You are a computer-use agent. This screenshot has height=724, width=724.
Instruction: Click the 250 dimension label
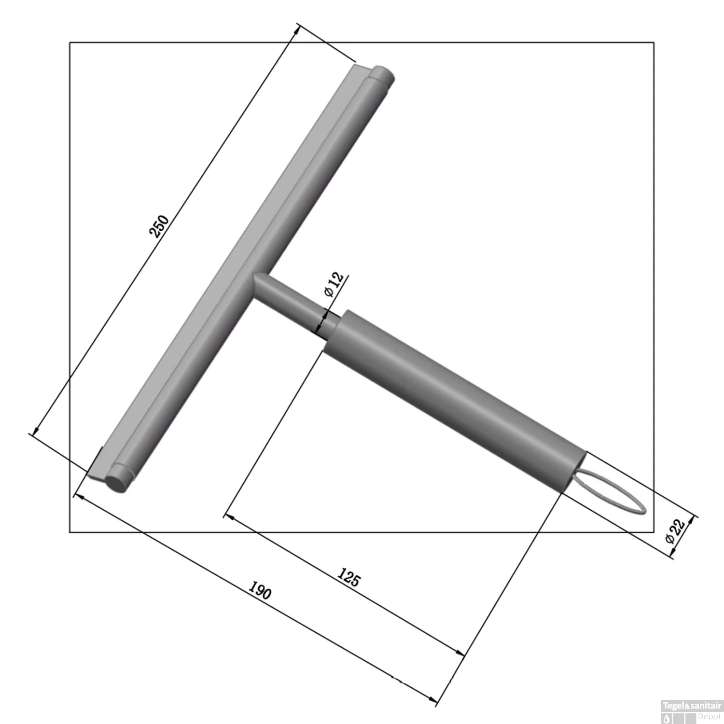pos(159,226)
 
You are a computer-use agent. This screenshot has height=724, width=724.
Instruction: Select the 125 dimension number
pos(348,577)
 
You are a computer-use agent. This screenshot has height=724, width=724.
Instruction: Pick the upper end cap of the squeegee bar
pos(383,74)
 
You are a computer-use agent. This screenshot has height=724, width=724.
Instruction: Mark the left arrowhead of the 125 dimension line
pos(230,518)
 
